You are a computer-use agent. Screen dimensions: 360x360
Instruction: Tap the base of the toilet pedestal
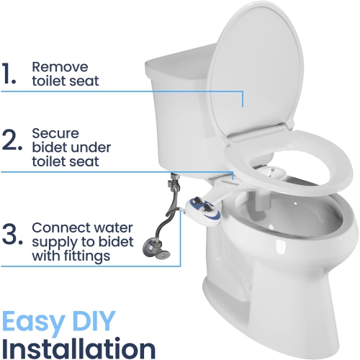[259, 324]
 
